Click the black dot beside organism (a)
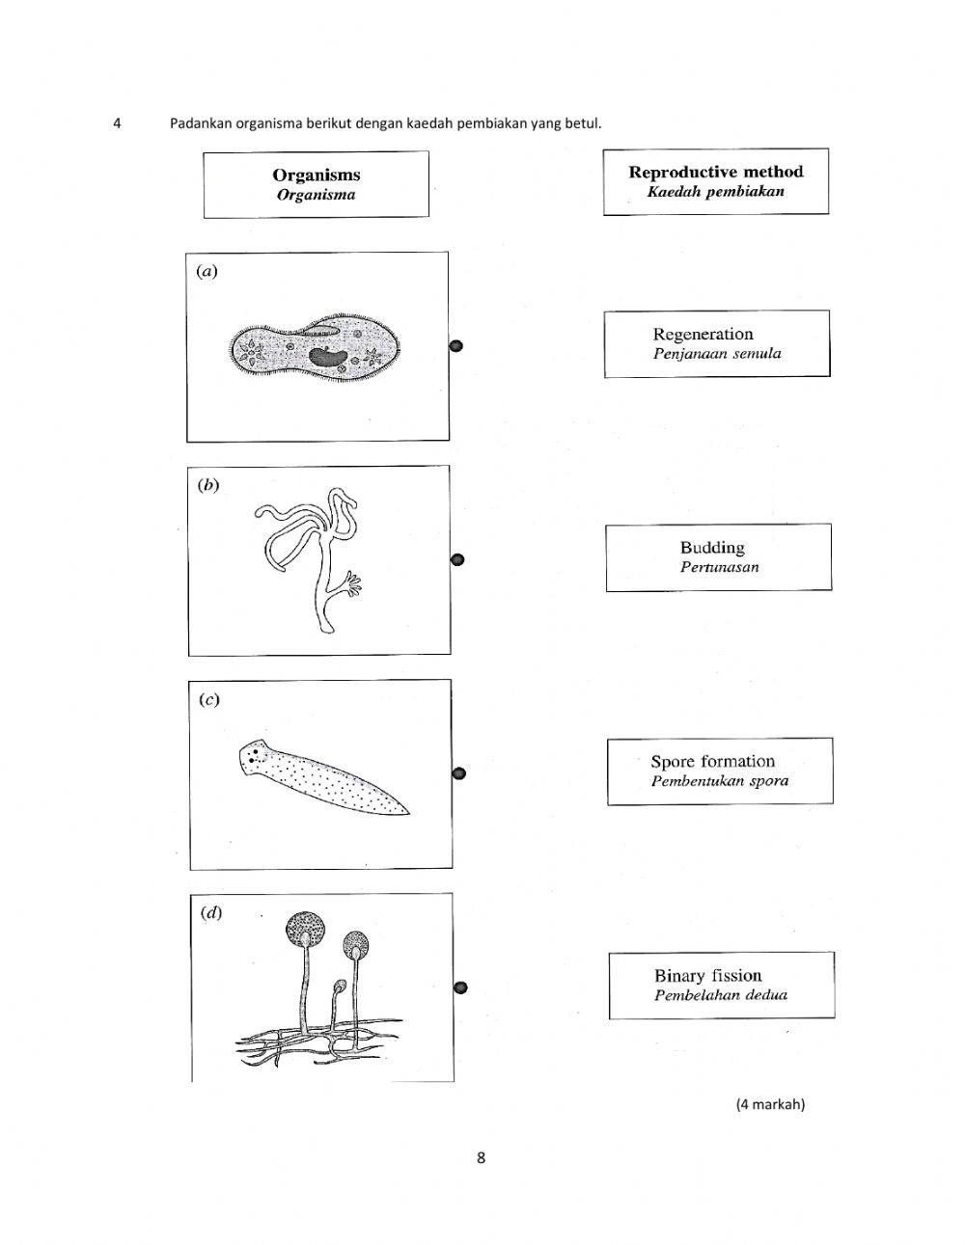(x=457, y=346)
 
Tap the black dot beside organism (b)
(x=458, y=559)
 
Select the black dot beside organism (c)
(x=459, y=773)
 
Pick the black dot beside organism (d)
(x=460, y=987)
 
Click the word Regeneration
(x=703, y=335)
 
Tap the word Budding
(x=712, y=548)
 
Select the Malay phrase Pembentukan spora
(x=719, y=781)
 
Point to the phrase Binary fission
(x=707, y=975)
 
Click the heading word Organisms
(x=316, y=175)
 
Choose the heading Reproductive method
(x=715, y=172)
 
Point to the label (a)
(x=207, y=271)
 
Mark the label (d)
(x=210, y=912)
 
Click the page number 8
(x=481, y=1157)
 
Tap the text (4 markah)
(x=769, y=1104)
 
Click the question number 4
(x=117, y=123)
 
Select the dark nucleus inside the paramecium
(x=328, y=356)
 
